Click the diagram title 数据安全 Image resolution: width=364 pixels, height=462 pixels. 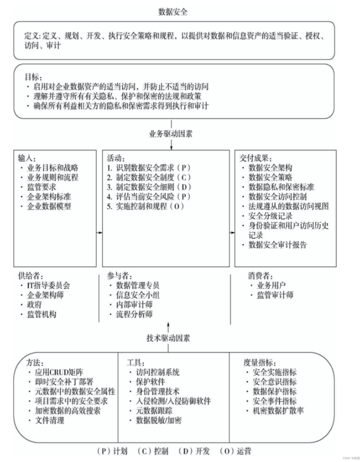click(173, 12)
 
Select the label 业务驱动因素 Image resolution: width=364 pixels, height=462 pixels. click(171, 134)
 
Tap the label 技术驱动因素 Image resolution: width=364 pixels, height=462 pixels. click(168, 338)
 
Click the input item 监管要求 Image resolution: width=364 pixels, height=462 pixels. click(42, 187)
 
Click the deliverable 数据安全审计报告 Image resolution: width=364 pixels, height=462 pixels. click(277, 245)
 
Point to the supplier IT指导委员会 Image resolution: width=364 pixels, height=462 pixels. click(48, 285)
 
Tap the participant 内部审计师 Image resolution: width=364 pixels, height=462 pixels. click(134, 305)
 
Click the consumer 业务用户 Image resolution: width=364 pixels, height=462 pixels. click(271, 285)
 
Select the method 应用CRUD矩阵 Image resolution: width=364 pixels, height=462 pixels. click(59, 372)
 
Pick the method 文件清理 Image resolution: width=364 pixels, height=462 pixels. click(49, 420)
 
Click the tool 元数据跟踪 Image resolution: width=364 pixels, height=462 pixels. click(154, 411)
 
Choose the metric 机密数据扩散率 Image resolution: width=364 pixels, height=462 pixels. click(278, 411)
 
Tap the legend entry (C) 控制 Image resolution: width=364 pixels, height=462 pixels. click(153, 451)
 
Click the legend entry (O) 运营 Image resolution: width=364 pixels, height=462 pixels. click(235, 451)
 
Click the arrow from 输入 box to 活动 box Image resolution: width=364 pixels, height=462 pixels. click(99, 233)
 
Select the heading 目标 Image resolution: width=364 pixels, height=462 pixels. click(33, 77)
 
